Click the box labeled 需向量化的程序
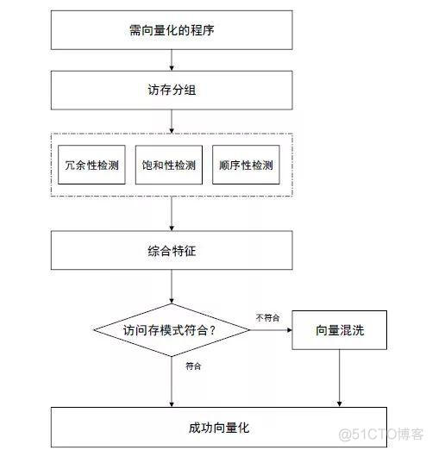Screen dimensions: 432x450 tap(172, 30)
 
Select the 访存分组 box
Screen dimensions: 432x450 tap(172, 91)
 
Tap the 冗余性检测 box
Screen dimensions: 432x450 tap(91, 165)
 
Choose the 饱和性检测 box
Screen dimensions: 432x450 tap(169, 165)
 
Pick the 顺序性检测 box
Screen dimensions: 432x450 tap(246, 165)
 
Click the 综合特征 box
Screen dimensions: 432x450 tap(172, 250)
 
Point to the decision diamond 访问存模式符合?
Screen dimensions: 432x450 tap(172, 330)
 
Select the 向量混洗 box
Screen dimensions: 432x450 tap(340, 330)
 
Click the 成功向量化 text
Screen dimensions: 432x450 tap(219, 428)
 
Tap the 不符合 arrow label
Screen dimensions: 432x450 tap(267, 318)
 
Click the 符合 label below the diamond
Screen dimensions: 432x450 tap(193, 366)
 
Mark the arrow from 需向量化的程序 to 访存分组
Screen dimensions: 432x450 tap(172, 60)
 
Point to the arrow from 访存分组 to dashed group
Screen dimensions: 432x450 tap(172, 122)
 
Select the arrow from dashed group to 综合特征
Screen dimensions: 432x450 tap(172, 214)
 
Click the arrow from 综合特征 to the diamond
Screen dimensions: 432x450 tap(172, 287)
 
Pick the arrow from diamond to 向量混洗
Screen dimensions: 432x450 tap(271, 330)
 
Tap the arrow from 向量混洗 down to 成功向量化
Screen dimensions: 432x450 tap(340, 378)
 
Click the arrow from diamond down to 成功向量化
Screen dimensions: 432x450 tap(172, 382)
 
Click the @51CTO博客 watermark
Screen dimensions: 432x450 tap(381, 434)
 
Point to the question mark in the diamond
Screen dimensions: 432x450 tap(212, 330)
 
